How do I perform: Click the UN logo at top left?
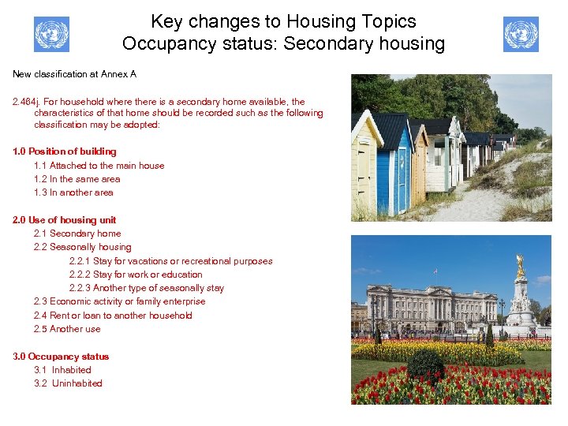tap(51, 35)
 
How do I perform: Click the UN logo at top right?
tap(521, 35)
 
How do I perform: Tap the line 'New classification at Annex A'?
tap(74, 74)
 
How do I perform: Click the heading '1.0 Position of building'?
tap(65, 151)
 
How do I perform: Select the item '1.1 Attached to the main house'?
tap(99, 166)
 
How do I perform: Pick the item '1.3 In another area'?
tap(73, 192)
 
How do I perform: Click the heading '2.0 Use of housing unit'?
tap(65, 220)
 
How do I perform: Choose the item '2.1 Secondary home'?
tap(77, 234)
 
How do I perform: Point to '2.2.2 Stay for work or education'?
tap(136, 275)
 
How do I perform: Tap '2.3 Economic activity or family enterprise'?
tap(119, 301)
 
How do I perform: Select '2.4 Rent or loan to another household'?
tap(113, 316)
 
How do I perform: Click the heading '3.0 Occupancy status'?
tap(61, 357)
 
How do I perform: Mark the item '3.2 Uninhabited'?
tap(68, 383)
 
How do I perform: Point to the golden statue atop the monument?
tap(520, 266)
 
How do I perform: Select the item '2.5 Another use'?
tap(67, 329)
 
